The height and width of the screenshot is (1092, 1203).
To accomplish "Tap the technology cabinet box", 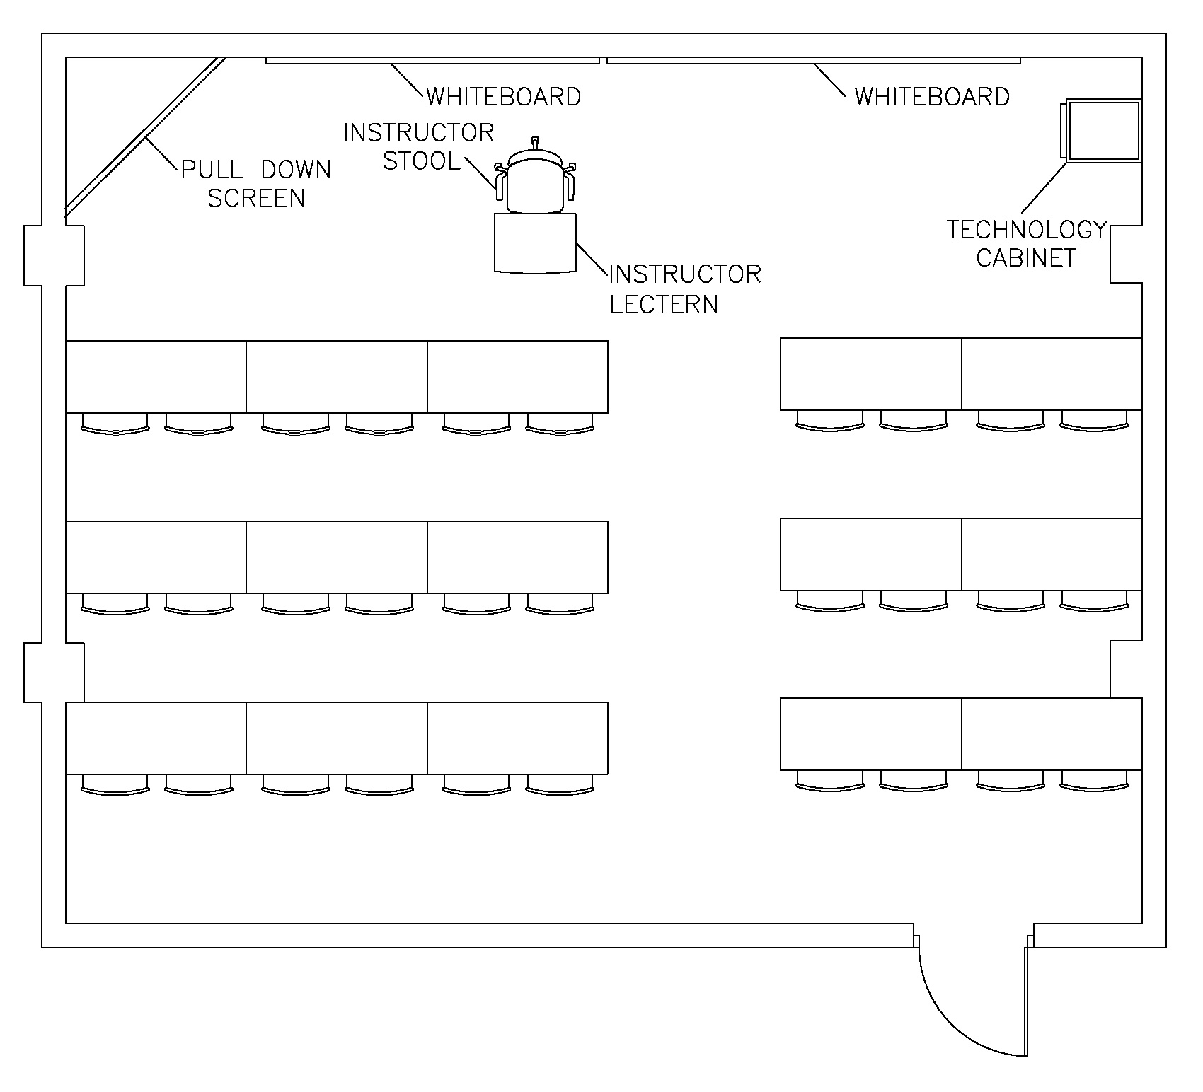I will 1103,131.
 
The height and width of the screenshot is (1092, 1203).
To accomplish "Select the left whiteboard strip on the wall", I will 432,61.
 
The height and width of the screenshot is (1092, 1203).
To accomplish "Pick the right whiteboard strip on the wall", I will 814,61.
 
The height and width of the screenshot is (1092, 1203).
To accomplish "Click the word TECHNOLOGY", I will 1026,230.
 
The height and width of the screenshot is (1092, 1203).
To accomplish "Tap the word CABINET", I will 1026,258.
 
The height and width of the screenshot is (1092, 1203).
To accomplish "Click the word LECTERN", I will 664,304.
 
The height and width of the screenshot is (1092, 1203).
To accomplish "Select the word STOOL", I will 422,161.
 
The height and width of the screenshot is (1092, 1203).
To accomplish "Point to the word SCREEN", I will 256,199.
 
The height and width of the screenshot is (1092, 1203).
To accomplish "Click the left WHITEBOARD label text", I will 504,96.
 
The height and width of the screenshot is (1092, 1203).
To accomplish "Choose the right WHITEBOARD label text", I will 932,96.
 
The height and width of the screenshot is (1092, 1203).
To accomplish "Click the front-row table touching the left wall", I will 156,376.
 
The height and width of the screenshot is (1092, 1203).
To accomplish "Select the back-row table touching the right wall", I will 1052,733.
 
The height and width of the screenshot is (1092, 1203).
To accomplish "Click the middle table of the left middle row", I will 337,557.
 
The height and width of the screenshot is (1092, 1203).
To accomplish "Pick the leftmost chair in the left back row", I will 115,784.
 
